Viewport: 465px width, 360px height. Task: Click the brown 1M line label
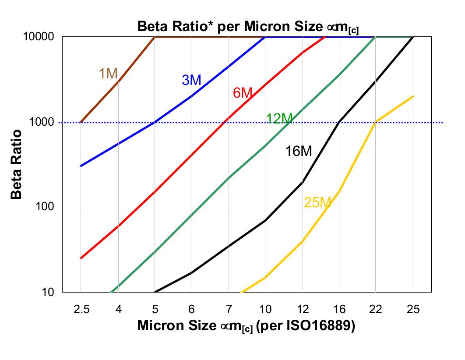coord(108,74)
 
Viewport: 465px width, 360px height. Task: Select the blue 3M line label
coord(191,80)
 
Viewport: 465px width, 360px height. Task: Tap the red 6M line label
coord(243,93)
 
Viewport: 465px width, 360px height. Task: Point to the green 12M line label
coord(279,119)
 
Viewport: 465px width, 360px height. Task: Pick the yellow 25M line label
coord(317,202)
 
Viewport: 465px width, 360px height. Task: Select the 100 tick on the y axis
coord(49,207)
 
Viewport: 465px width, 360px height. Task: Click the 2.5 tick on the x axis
coord(81,310)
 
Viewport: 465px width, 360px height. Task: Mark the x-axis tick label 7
coord(228,310)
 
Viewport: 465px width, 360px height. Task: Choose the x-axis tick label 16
coord(339,310)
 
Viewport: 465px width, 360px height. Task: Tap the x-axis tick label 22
coord(376,310)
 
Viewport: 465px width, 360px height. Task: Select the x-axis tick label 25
coord(412,310)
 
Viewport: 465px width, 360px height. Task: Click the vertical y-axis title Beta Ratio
coord(17,164)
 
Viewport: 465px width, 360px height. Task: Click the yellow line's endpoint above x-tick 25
coord(413,96)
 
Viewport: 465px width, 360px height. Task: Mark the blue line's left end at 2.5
coord(81,166)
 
